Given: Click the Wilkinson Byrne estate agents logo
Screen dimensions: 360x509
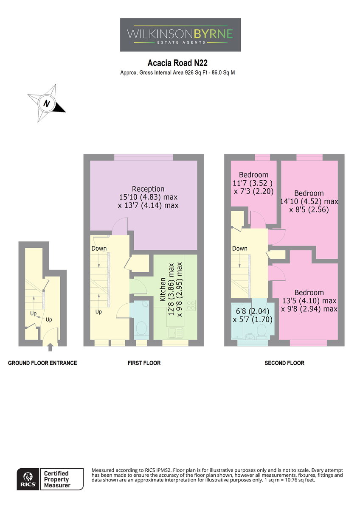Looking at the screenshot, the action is coord(180,35).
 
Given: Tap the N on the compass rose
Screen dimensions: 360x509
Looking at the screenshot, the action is coord(47,103).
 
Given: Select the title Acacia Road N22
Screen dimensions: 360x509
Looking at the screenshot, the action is coord(177,63).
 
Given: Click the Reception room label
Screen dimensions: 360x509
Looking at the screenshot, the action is coord(148,189).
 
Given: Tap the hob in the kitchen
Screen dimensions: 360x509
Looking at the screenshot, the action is coord(191,305).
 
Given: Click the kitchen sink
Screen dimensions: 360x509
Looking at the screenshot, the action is coord(175,333).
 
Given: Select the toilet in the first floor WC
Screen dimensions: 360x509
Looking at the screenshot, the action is coord(141,328).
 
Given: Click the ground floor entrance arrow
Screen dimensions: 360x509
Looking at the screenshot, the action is coord(50,347).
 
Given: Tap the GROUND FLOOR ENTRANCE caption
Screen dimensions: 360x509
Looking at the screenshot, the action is coord(42,363).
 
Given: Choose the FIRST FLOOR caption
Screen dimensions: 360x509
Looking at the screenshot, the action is coord(144,363).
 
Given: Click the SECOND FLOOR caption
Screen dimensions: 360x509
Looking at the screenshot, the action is coord(284,363).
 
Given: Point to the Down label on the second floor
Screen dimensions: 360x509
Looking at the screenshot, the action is coord(240,249).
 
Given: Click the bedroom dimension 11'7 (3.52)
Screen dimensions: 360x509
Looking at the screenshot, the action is coord(253,183).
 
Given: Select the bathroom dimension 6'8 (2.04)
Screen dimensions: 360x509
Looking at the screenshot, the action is coord(253,311).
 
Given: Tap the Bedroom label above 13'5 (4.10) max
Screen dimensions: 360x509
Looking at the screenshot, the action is coord(309,292).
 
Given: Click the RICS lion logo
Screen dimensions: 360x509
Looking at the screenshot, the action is coord(28,479).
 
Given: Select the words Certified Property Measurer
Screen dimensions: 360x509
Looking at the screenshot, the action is coord(56,479).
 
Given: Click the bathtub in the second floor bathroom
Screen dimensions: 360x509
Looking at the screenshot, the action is coord(237,322).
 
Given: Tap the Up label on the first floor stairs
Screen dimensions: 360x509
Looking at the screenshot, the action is coord(98,311).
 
